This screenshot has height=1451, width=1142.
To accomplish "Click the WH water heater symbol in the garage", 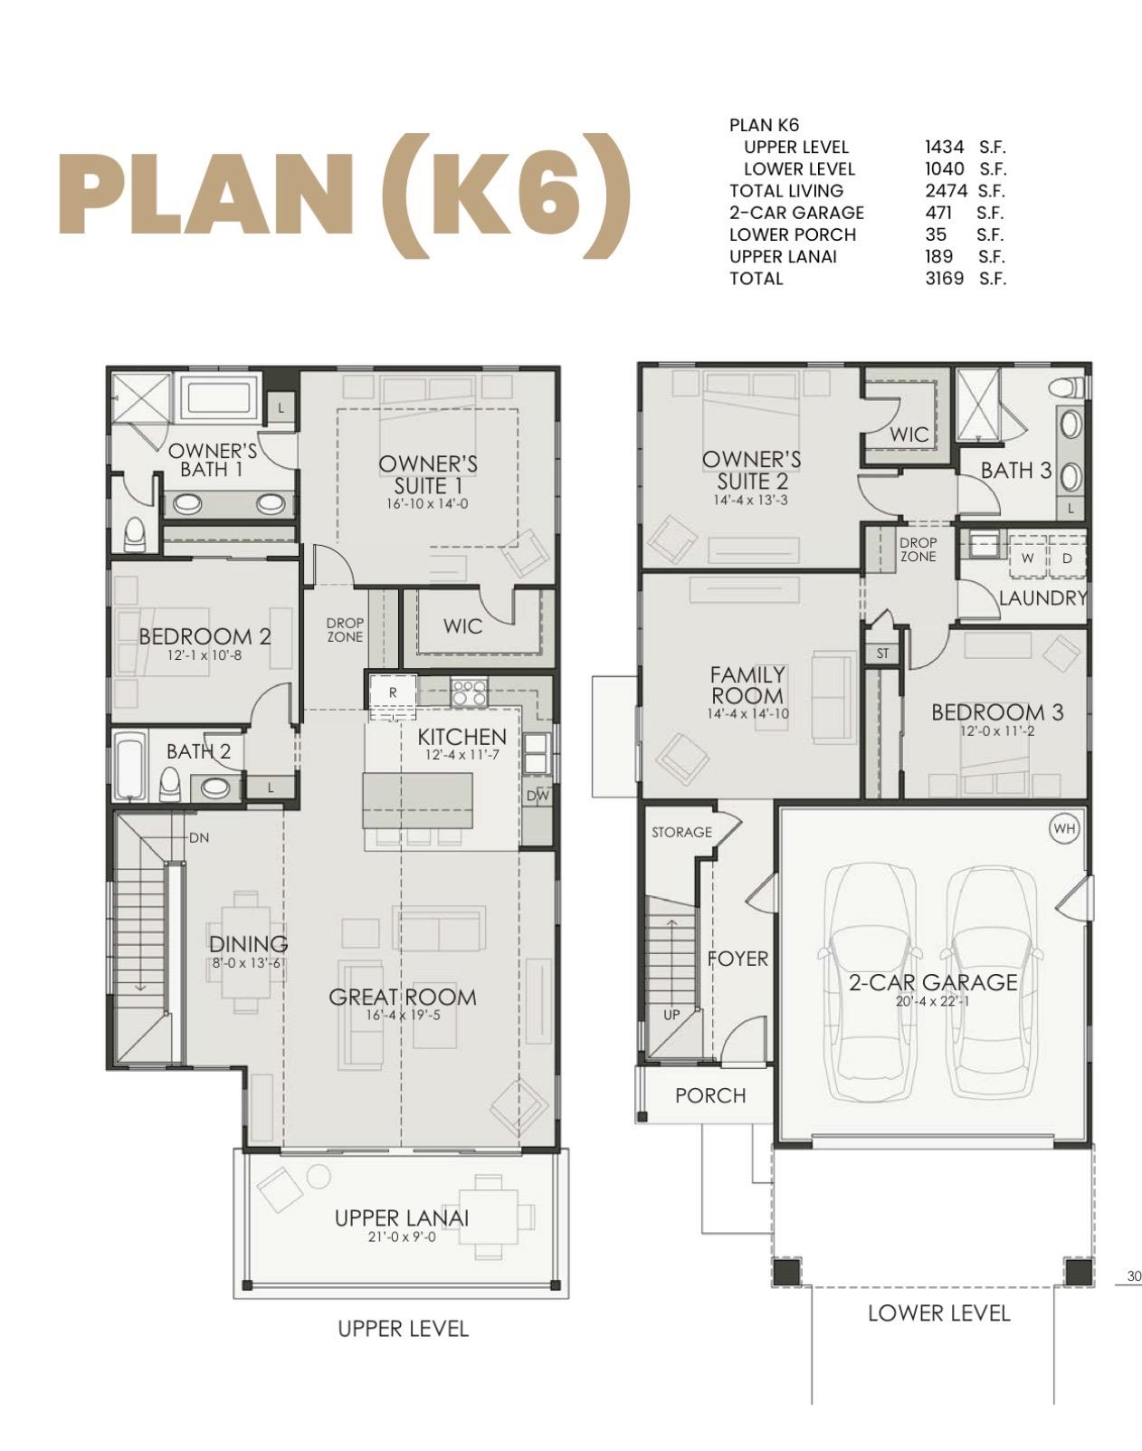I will [1065, 828].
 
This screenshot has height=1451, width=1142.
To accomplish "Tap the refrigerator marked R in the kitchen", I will [393, 692].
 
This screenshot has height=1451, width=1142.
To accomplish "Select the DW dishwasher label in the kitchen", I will [537, 796].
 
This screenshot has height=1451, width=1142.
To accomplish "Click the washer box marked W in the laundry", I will [1027, 558].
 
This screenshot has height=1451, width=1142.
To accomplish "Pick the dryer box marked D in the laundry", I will [1067, 558].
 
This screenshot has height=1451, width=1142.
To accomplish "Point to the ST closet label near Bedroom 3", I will [882, 653].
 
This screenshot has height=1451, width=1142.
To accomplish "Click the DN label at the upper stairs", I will [199, 838].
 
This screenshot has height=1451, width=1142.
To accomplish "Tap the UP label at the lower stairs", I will [671, 1015].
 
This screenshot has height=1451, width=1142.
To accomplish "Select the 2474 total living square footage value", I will [946, 191].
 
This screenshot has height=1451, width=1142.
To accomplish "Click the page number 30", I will [1134, 1277].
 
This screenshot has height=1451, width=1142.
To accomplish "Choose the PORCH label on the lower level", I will [710, 1096].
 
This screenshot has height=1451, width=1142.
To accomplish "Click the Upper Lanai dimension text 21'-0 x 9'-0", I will [402, 1236].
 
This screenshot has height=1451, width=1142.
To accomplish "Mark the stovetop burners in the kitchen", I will [469, 692].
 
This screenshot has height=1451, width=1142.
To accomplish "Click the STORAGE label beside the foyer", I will [681, 832].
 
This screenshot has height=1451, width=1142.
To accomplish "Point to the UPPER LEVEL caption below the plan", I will [403, 1329].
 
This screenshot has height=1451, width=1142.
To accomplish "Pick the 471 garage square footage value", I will [938, 213].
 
